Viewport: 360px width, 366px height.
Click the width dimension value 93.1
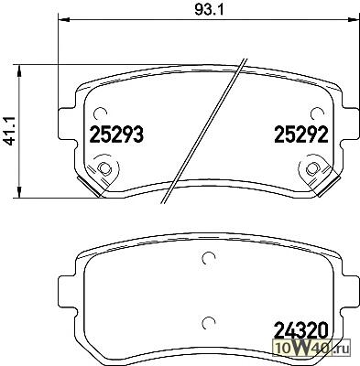209,10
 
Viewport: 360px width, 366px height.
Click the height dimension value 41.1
9,132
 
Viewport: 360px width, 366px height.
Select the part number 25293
116,135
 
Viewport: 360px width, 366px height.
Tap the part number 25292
301,135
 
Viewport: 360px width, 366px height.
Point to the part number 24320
301,329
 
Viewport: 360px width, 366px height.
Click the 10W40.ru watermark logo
313,348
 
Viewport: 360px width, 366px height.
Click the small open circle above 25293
100,114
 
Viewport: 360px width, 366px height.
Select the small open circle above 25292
316,114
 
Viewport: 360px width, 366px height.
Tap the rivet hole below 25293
104,168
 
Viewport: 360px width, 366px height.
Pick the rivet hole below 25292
311,168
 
